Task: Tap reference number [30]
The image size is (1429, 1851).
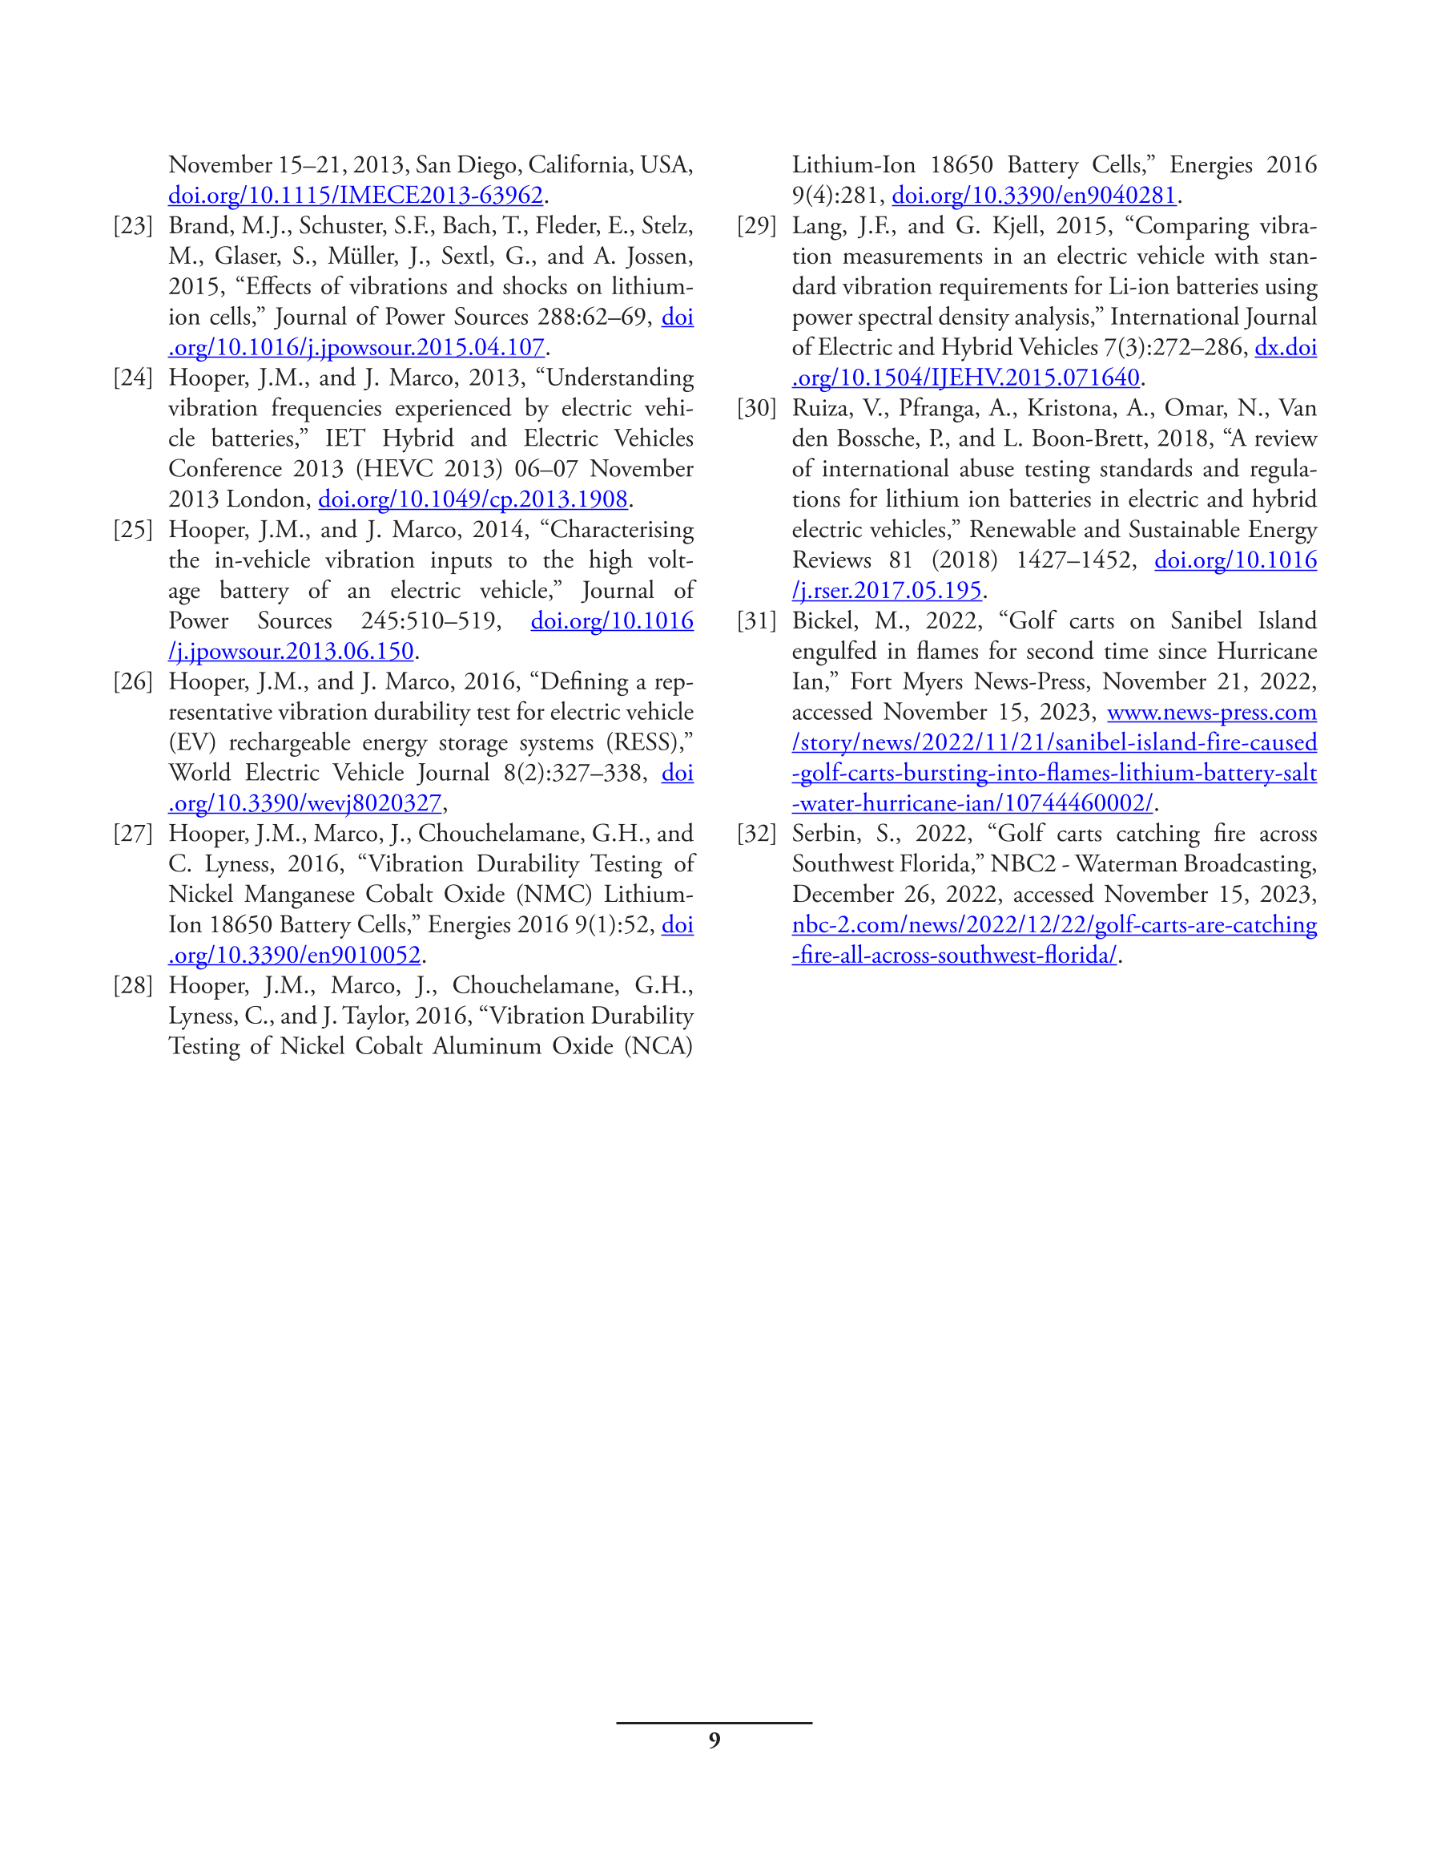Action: [756, 409]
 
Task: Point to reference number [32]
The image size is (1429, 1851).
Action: [756, 834]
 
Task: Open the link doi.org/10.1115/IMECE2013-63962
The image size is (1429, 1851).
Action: [355, 196]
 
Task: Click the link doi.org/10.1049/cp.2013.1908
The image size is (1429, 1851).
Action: [473, 499]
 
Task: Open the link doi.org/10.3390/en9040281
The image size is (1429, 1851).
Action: [1033, 196]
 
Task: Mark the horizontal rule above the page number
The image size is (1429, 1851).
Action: [714, 1723]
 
